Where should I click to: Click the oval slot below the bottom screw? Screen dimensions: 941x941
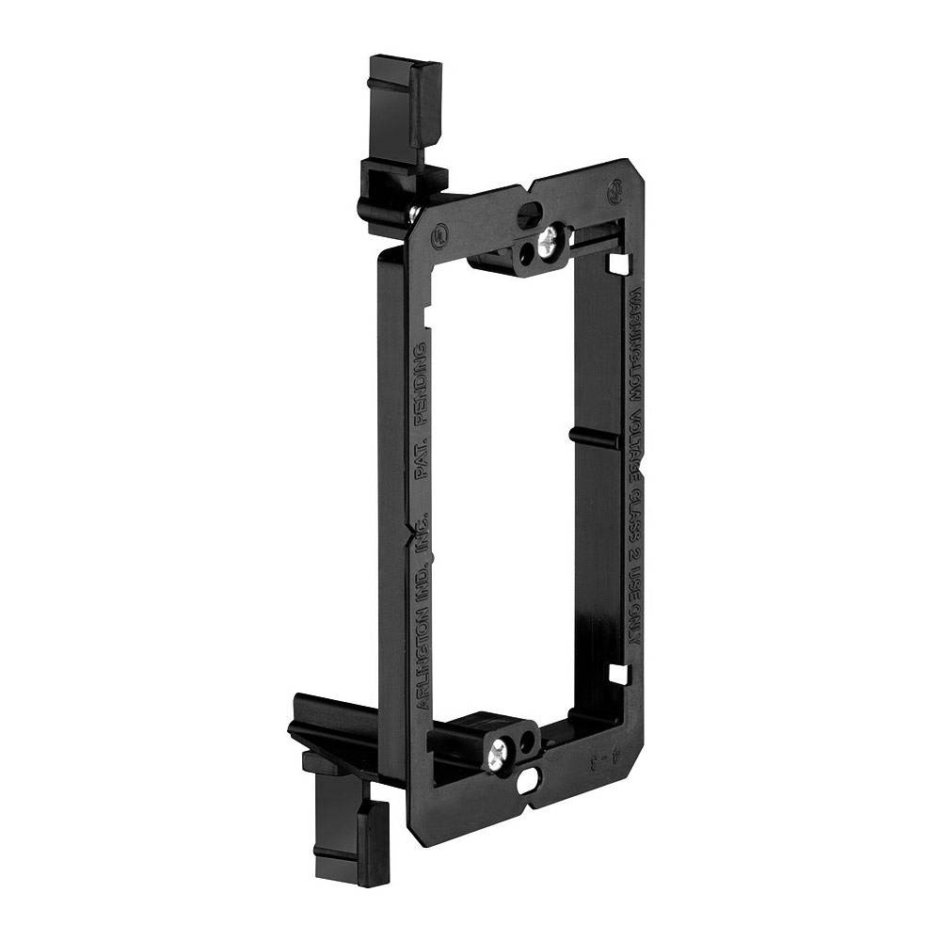(530, 779)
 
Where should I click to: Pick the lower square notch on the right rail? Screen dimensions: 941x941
(617, 674)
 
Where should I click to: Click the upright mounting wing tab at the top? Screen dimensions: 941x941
(405, 104)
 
